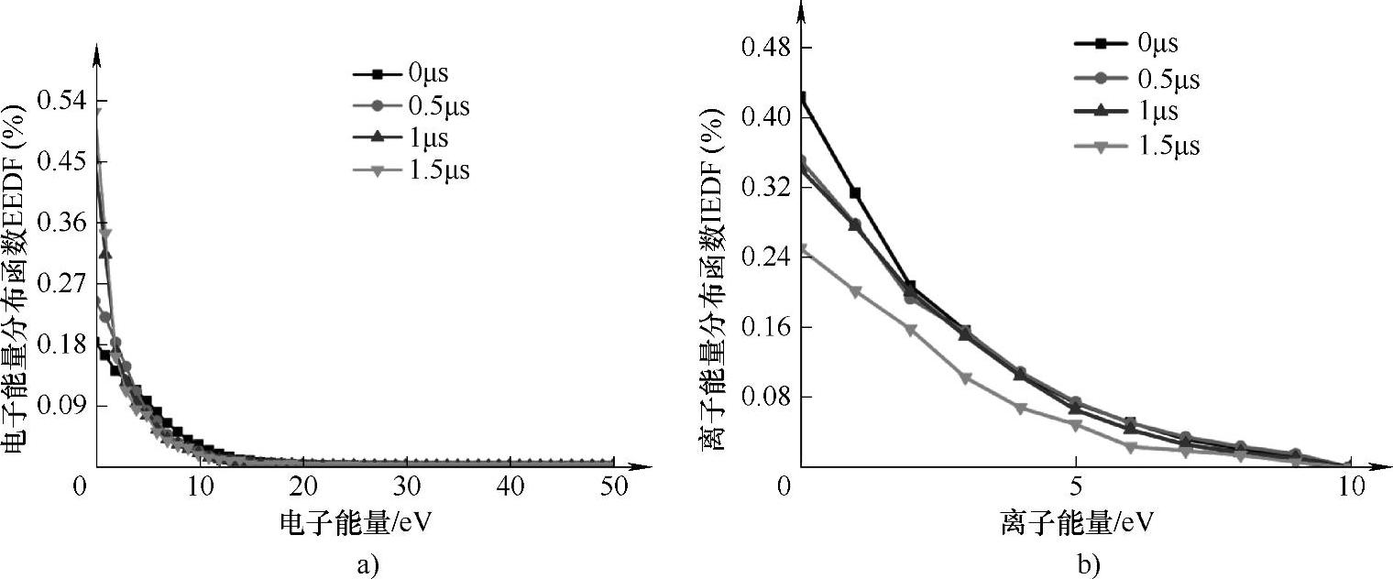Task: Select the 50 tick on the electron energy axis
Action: tap(616, 486)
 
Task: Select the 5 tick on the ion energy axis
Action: tap(1076, 486)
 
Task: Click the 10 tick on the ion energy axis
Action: tap(1351, 486)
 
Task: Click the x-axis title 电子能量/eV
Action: tap(356, 523)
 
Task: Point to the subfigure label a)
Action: tap(366, 563)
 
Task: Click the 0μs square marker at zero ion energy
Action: tap(802, 97)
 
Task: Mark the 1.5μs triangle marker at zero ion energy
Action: tap(803, 249)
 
